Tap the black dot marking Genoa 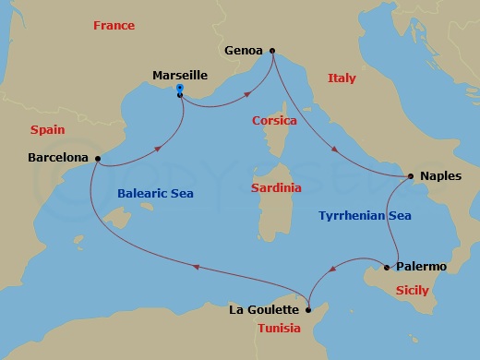271,50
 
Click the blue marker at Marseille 180,89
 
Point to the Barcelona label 57,158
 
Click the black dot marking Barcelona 97,158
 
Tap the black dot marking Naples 412,175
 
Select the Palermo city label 421,267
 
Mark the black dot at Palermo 388,268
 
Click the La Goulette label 264,310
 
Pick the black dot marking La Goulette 308,309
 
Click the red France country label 114,26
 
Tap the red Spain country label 47,130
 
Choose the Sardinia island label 276,187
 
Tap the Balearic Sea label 153,194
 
